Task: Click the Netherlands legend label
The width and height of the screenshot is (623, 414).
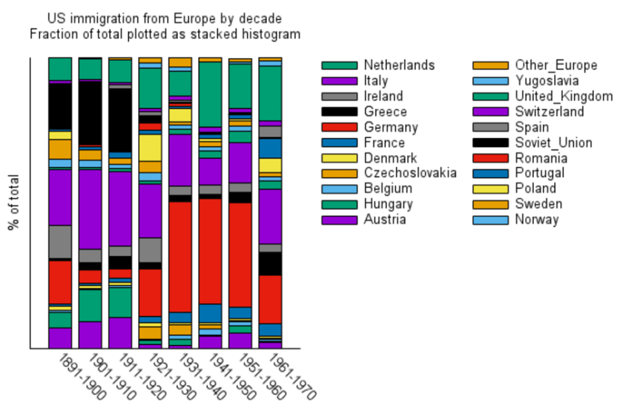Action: coord(399,65)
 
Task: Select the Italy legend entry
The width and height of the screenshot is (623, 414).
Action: coord(375,81)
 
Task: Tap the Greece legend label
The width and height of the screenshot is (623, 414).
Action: coord(385,112)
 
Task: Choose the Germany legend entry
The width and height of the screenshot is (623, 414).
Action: coord(391,128)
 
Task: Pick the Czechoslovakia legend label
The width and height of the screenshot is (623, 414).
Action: coord(409,174)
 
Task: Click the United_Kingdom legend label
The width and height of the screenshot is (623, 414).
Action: coord(564,96)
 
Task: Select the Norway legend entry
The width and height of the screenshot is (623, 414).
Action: coord(536,220)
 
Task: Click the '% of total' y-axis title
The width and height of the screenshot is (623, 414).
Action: coord(13,203)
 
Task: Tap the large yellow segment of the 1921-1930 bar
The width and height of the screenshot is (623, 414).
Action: coord(151,147)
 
